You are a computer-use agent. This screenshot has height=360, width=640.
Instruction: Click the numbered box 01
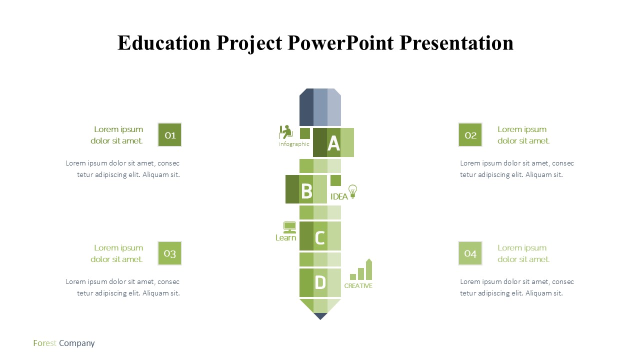pos(169,135)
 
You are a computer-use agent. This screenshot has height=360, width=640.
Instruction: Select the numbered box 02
pos(470,135)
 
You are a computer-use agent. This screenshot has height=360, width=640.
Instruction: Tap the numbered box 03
pos(169,253)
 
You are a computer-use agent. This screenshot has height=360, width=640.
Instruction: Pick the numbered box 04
pos(470,253)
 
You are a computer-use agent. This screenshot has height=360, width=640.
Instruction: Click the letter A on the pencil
pos(333,143)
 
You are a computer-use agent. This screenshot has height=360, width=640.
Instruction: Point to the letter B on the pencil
pos(307,191)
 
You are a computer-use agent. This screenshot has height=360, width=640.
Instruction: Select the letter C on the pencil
pos(319,237)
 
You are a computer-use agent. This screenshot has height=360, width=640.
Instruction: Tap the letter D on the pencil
pos(320,282)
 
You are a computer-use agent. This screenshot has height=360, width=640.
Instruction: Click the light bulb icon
pos(353,191)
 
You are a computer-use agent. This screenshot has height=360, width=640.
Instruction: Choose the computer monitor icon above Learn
pos(289,227)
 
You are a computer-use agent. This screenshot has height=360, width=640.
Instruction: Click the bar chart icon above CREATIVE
pos(361,269)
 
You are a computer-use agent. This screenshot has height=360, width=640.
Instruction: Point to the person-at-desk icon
pos(285,132)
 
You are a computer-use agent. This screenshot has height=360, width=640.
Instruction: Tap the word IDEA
pos(339,196)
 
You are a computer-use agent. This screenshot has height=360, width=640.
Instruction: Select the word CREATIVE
pos(358,285)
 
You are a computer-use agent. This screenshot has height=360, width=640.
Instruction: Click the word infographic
pos(294,144)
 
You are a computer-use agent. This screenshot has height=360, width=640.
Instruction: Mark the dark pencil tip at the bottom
pos(320,316)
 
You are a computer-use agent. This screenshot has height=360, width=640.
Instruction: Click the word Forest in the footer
pos(44,343)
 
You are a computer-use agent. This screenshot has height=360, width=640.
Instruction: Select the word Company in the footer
pos(77,343)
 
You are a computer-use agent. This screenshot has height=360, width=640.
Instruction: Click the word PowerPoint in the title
pos(340,43)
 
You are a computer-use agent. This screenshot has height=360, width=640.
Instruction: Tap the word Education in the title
pos(164,43)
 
